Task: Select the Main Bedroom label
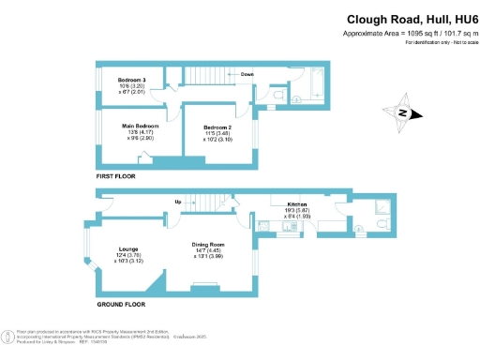click(x=141, y=125)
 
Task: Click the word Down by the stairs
click(x=247, y=73)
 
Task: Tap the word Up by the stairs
click(x=177, y=202)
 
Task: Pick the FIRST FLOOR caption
click(x=116, y=176)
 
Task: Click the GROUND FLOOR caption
click(x=121, y=305)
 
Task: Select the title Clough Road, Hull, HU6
click(x=410, y=19)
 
